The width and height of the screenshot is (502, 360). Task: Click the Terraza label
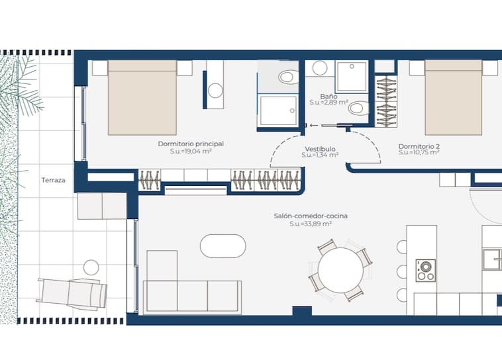coord(52,179)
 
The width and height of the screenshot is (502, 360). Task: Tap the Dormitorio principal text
coord(191,144)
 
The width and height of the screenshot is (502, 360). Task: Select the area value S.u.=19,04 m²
coord(191,152)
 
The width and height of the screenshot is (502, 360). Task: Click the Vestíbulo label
coord(320,149)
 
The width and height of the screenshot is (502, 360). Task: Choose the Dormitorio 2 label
coord(419,146)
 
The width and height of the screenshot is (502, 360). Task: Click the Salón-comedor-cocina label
coord(311,216)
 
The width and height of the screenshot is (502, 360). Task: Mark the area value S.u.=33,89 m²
coord(311,224)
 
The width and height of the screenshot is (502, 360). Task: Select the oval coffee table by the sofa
coord(223,246)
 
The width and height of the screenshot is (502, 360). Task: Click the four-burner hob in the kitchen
coord(425,270)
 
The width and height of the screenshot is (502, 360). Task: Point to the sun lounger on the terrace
coord(72,292)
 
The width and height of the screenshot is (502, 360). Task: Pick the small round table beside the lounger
coord(91,267)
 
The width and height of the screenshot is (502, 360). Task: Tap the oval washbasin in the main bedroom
coord(216,91)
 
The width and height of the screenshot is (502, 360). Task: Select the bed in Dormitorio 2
coord(453,98)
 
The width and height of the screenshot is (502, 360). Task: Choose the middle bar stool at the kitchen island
coord(402,271)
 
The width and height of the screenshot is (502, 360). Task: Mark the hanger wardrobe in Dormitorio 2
coord(385,101)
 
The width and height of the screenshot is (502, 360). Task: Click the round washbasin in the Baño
coord(320,67)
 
